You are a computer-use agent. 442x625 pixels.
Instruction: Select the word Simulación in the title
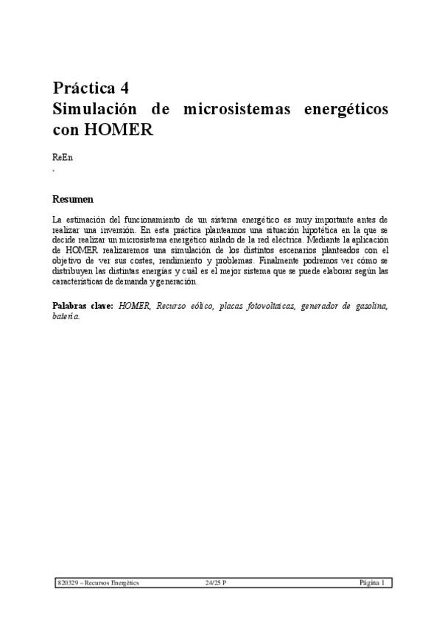[x=94, y=109]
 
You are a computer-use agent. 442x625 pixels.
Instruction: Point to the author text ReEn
[x=62, y=158]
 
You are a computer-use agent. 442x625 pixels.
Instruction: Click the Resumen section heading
[x=73, y=200]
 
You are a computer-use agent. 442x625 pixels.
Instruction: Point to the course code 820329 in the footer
[x=67, y=583]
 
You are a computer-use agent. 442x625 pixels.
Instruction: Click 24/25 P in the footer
[x=216, y=583]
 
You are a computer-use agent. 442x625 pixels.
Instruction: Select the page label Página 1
[x=372, y=583]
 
